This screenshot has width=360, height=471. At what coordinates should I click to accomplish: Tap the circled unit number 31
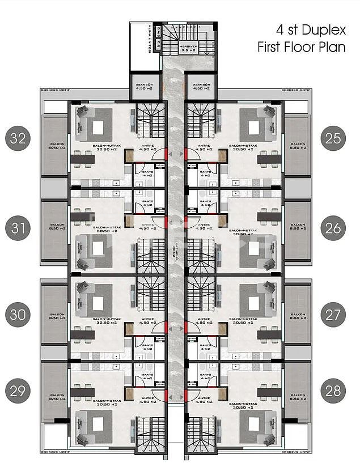point(19,228)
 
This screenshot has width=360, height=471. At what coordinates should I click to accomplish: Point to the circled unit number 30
point(19,315)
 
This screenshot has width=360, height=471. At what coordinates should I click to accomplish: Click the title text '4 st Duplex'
point(310,29)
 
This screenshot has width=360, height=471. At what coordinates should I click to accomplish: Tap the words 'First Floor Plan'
point(302,47)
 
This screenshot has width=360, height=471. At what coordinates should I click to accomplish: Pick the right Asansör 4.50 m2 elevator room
point(201,87)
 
